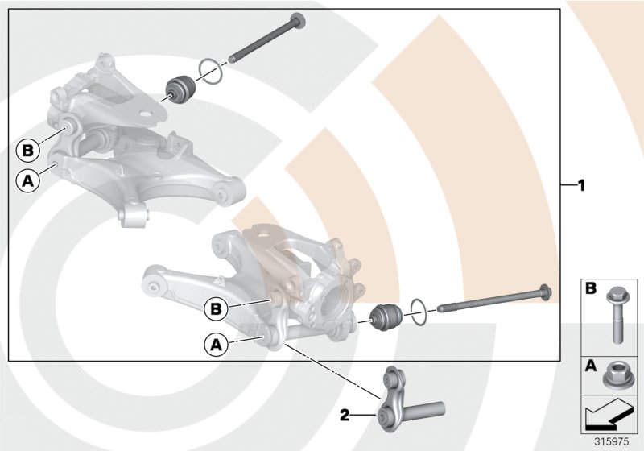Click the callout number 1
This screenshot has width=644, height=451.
[580, 184]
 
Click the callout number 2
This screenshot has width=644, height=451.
[345, 416]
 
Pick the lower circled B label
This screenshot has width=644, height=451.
[216, 308]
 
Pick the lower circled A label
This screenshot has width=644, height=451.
[215, 345]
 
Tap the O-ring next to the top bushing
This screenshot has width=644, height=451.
[210, 72]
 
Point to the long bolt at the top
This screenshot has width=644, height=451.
[266, 40]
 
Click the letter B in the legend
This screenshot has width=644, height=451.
[589, 288]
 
